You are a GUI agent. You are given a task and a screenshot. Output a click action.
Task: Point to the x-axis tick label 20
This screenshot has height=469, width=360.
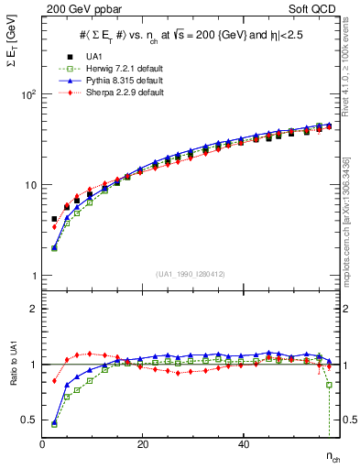tap(143, 443)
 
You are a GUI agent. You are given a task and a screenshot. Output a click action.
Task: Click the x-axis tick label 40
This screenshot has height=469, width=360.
tap(243, 443)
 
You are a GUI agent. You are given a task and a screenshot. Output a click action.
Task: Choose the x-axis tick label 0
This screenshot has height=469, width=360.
tap(43, 443)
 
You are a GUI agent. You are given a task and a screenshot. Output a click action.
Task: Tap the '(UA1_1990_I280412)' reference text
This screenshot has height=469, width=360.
tap(190, 274)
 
